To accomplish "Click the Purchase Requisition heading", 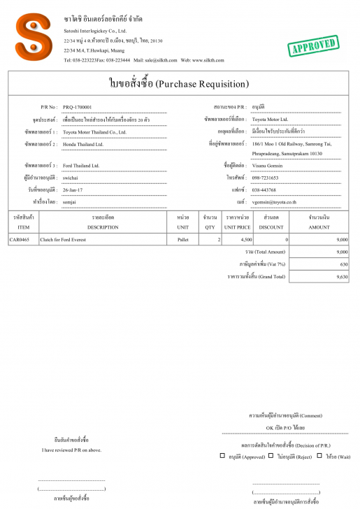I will point(179,84).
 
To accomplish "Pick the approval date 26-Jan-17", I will point(74,189).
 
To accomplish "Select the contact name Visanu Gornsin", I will point(270,166).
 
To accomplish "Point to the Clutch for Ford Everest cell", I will point(65,240).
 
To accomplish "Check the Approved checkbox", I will point(223,457).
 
